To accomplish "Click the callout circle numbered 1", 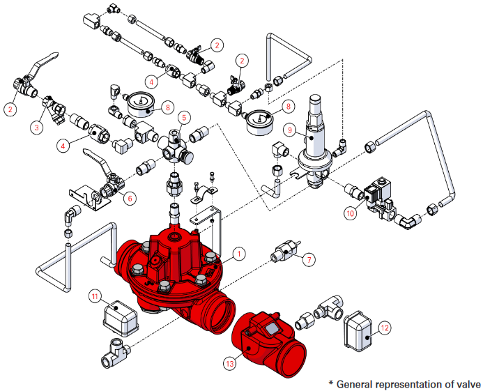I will (x=239, y=254).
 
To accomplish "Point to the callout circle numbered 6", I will (x=130, y=198).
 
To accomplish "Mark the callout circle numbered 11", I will (x=96, y=296).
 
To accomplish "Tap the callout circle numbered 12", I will (x=385, y=326).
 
